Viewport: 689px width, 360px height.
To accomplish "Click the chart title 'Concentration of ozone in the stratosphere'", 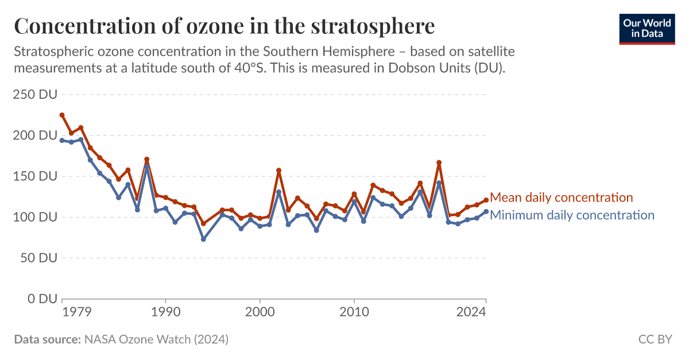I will (224, 26).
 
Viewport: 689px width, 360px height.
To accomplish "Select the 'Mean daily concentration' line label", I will (561, 198).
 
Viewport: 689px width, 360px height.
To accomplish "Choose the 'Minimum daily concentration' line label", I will (572, 215).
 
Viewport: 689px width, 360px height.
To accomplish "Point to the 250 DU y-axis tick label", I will (35, 95).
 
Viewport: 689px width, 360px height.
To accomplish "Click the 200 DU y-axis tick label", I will (35, 136).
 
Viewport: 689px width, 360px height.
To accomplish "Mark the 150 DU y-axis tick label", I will (35, 176).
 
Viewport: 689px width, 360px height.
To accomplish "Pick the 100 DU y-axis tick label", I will (35, 218).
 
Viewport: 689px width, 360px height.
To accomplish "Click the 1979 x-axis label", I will (76, 312).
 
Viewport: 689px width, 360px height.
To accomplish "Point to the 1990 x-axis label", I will (165, 312).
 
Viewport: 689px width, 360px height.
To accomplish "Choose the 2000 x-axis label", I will (260, 312).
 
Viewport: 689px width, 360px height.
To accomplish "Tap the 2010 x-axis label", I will (354, 312).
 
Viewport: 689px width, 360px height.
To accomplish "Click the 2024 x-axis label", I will (472, 312).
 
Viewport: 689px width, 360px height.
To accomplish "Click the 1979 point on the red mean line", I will (62, 115).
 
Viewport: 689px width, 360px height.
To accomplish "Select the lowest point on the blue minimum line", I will (203, 239).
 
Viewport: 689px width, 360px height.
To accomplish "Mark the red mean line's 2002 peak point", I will (279, 171).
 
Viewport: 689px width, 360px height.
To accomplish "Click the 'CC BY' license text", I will (655, 339).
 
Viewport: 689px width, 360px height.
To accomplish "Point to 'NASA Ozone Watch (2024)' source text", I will (156, 339).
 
